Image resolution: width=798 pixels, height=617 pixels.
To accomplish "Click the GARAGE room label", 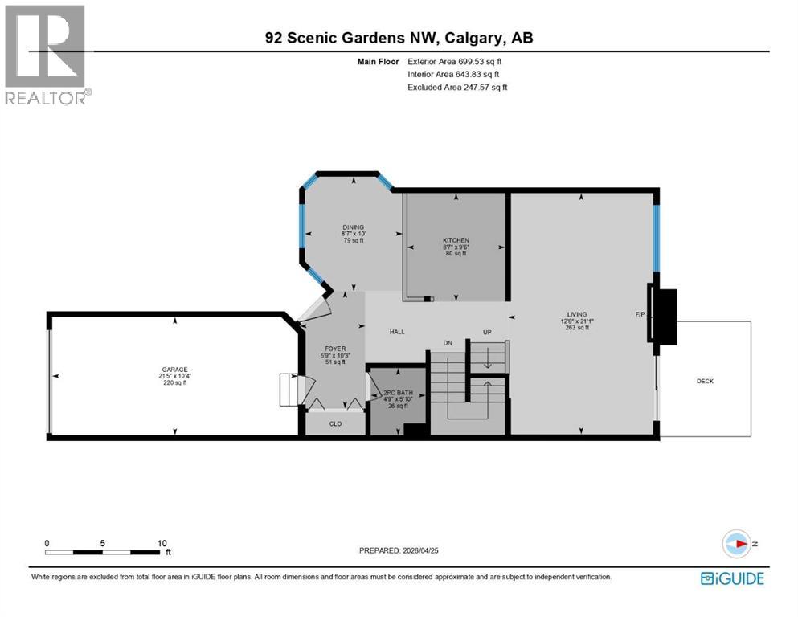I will (x=174, y=370).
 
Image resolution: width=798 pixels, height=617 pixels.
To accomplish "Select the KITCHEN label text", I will (x=456, y=240).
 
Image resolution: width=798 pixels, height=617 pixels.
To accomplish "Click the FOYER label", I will (x=335, y=349).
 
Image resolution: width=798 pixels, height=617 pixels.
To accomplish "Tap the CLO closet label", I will (x=336, y=423).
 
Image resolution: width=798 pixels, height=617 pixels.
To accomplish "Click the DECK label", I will (x=705, y=381).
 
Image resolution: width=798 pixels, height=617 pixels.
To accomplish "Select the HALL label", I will (x=397, y=331).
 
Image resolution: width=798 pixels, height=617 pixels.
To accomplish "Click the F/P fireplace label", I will (x=640, y=315).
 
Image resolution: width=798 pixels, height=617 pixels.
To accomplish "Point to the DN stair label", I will (x=448, y=343).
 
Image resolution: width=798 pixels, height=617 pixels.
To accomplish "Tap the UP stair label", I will (x=486, y=332).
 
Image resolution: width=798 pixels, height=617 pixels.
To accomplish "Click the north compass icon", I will (x=738, y=544).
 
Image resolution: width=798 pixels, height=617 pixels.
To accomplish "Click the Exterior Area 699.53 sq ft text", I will (x=457, y=61).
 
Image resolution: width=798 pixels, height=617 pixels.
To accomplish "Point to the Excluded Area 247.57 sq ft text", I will (x=457, y=87).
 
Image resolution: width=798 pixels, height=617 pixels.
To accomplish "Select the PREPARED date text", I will (x=401, y=550).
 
